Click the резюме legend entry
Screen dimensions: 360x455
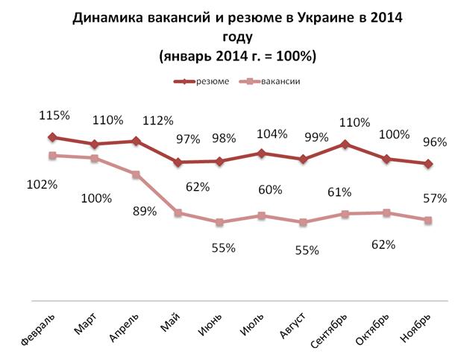click(x=208, y=82)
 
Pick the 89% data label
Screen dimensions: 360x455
click(x=144, y=211)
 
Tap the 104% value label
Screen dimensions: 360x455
click(x=272, y=134)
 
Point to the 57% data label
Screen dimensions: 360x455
click(x=434, y=198)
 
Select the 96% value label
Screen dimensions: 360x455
click(x=434, y=142)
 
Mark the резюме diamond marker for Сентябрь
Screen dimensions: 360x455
click(x=345, y=144)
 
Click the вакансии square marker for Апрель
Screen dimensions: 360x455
click(x=136, y=174)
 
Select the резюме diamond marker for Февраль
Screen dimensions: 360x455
click(x=51, y=137)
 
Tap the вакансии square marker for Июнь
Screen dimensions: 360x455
click(x=219, y=222)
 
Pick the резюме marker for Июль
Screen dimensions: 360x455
click(x=261, y=153)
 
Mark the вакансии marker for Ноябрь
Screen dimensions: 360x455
click(x=428, y=220)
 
